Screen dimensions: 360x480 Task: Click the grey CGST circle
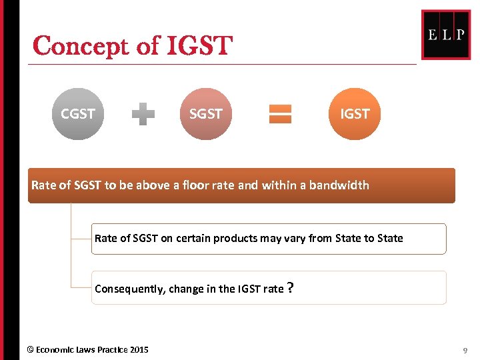click(78, 114)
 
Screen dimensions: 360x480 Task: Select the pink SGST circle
click(205, 114)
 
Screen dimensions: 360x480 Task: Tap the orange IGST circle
click(354, 114)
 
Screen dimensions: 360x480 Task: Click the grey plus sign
click(143, 115)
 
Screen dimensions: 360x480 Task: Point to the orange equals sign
click(280, 115)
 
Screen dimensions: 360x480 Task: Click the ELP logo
click(445, 35)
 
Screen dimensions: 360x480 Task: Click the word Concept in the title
click(73, 46)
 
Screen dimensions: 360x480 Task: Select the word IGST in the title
click(199, 46)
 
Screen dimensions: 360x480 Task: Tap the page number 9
click(465, 350)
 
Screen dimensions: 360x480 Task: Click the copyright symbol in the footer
click(29, 349)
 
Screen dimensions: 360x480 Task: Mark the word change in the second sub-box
click(186, 289)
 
